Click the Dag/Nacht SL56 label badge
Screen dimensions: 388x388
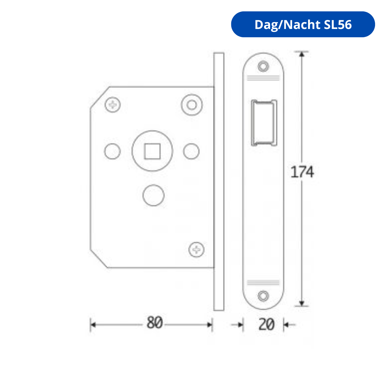(x=303, y=24)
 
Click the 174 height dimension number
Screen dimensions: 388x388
(x=302, y=172)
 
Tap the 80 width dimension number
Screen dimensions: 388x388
(x=154, y=323)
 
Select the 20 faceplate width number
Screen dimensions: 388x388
(x=266, y=324)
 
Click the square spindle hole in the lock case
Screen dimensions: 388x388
(x=152, y=151)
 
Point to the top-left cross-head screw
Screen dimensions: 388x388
(x=113, y=105)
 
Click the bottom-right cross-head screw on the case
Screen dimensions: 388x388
(x=197, y=250)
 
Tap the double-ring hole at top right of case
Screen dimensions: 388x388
(x=192, y=105)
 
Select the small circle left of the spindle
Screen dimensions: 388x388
(x=112, y=151)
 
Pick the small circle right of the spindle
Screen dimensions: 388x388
(x=191, y=151)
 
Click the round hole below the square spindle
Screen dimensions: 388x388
(x=153, y=195)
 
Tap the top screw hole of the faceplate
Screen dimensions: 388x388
(x=263, y=66)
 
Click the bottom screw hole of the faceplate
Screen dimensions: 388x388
(x=263, y=296)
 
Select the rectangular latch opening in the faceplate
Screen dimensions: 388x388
(x=264, y=123)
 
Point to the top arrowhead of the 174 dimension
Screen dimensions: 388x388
(x=302, y=54)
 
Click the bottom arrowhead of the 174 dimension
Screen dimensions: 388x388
(x=302, y=303)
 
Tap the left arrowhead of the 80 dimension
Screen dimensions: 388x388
(x=93, y=325)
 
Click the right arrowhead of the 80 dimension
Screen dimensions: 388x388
(x=210, y=325)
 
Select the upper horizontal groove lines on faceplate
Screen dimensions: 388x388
(x=263, y=78)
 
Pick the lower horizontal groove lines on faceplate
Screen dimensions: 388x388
(x=263, y=282)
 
